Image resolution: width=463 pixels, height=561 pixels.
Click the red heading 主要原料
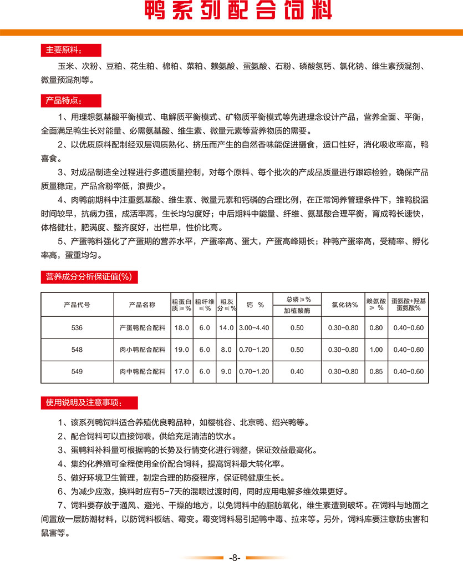62,50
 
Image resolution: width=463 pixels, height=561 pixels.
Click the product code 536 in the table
77,328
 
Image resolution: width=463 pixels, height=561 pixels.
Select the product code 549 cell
77,371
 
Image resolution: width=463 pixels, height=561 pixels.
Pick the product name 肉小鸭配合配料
142,350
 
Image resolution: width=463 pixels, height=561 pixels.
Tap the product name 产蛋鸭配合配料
142,328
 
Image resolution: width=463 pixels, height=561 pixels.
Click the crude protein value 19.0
182,350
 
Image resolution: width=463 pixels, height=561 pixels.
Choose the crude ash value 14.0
226,328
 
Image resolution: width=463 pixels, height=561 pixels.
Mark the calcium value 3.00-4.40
254,328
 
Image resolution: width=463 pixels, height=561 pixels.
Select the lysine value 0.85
376,371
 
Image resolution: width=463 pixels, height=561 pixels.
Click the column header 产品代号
77,305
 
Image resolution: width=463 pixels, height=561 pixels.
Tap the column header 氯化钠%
343,305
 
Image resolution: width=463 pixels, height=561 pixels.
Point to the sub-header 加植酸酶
297,311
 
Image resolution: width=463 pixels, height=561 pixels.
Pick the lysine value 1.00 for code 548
376,350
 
